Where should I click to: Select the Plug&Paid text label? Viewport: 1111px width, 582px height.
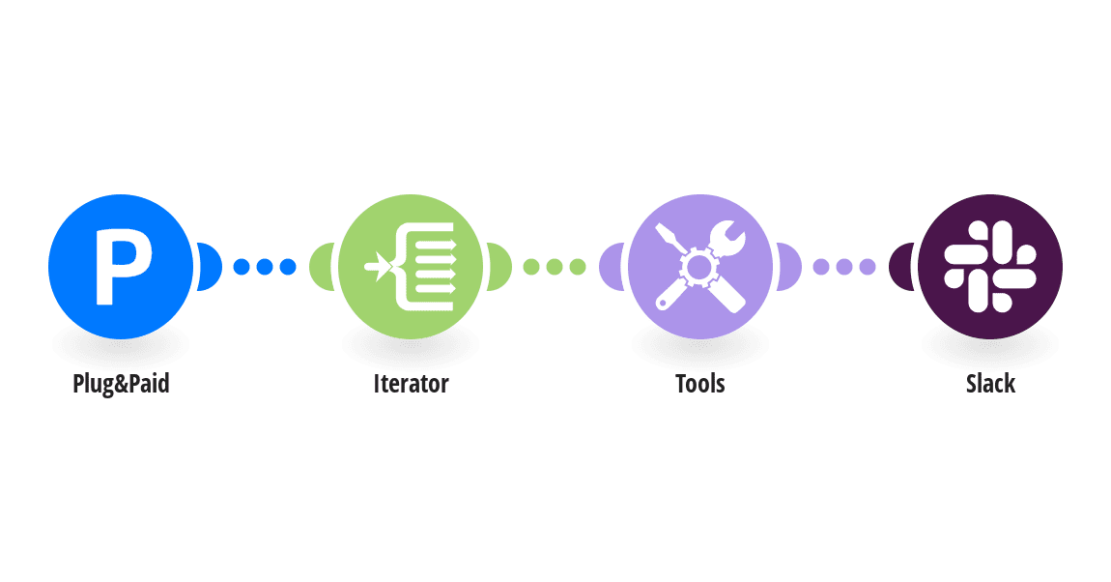click(121, 384)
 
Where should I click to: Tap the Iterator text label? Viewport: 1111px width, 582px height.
click(411, 384)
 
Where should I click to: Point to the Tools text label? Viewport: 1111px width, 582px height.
click(700, 384)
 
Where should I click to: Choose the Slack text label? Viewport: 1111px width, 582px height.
click(990, 384)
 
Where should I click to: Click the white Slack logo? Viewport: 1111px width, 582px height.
click(990, 265)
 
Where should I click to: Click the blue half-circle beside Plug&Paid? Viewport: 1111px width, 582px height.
click(210, 266)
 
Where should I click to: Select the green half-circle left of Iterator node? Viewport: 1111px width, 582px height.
click(321, 266)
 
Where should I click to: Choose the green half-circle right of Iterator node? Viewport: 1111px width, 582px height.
click(499, 266)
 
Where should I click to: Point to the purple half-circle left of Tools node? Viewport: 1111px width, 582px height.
click(611, 266)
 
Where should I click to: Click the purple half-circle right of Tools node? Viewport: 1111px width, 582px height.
click(789, 266)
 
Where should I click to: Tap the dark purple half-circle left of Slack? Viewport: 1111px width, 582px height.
click(900, 266)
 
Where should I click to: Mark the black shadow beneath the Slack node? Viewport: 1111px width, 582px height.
click(990, 340)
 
